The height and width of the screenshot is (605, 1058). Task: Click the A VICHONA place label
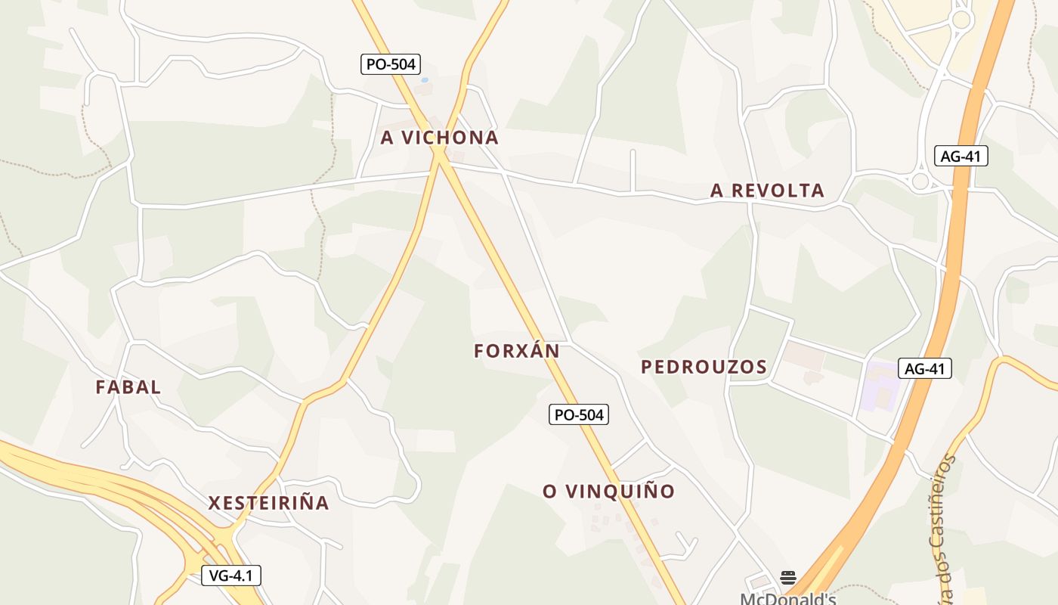[x=439, y=138]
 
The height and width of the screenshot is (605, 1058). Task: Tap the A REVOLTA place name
[x=767, y=191]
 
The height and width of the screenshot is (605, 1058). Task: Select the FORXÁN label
[x=517, y=351]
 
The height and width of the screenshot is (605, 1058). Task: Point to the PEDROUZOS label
[x=704, y=368]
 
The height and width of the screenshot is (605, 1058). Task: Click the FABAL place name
[x=128, y=387]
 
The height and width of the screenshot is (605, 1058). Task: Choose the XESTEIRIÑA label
[x=268, y=503]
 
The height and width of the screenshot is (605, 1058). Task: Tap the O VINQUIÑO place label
[x=608, y=492]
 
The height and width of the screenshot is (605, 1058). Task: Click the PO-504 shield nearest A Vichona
[x=391, y=64]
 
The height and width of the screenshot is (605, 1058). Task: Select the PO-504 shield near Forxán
[x=579, y=414]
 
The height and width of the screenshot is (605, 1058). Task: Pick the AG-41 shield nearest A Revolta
[x=961, y=157]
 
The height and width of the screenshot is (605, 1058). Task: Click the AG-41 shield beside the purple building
[x=925, y=369]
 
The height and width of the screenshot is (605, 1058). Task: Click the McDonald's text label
[x=787, y=599]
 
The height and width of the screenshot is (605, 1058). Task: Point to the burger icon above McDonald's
[x=788, y=578]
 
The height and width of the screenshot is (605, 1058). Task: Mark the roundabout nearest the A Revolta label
[x=920, y=181]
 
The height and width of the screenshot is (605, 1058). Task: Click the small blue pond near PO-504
[x=425, y=79]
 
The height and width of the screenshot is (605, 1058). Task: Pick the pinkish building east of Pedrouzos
[x=803, y=355]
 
